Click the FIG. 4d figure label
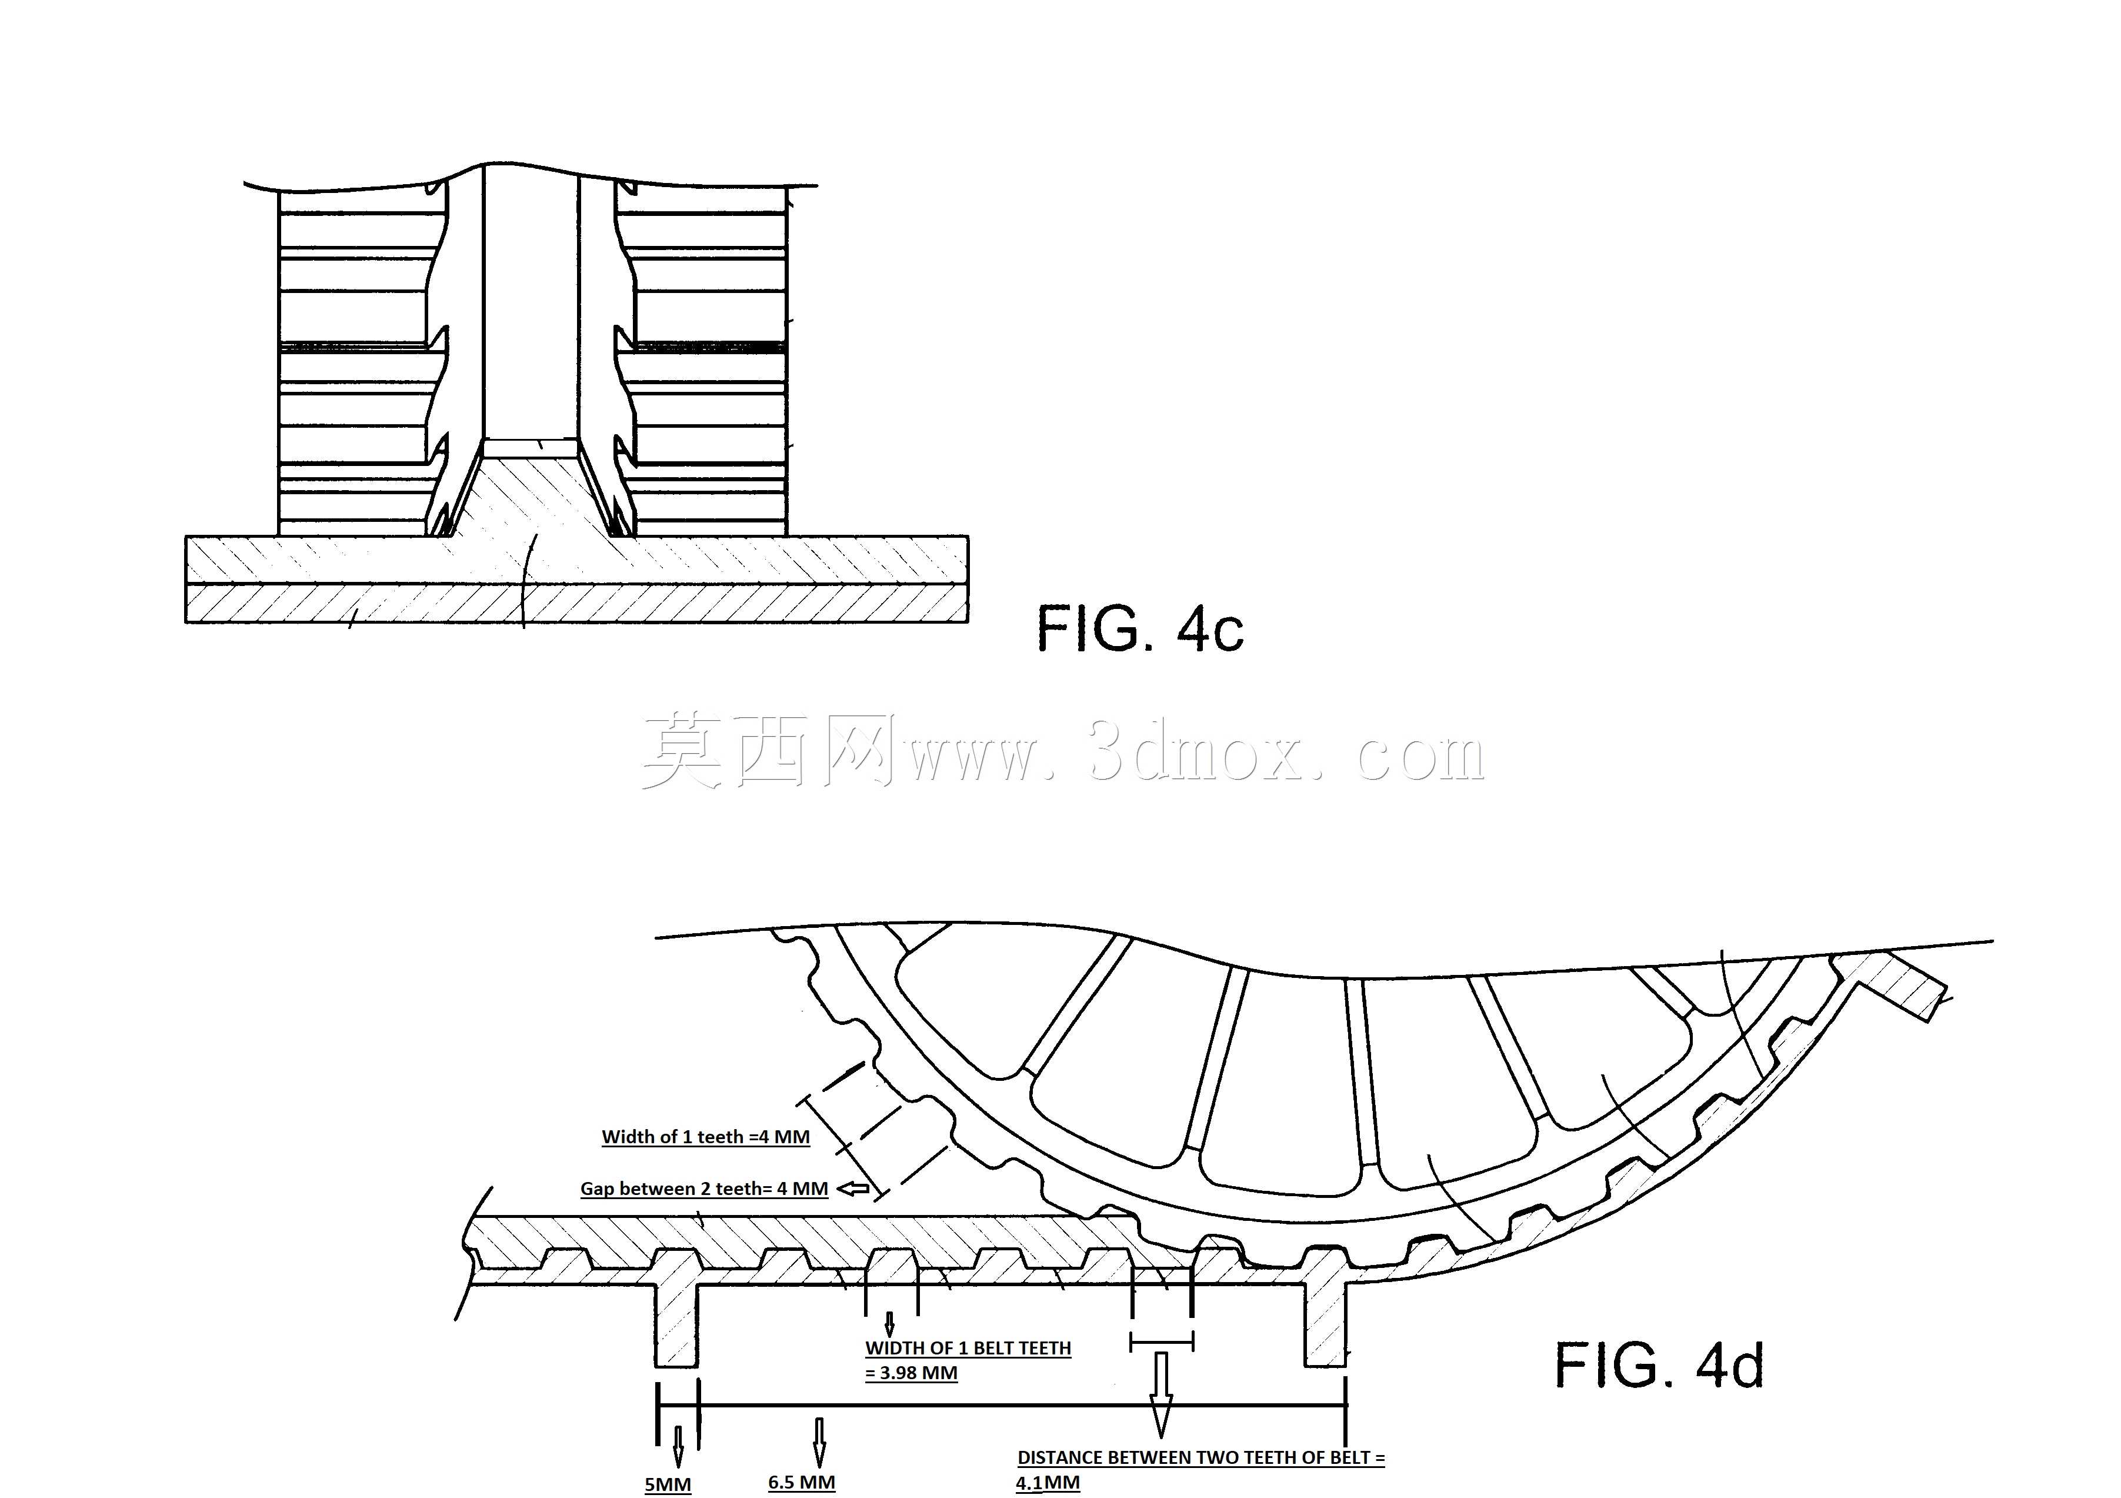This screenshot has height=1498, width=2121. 1659,1365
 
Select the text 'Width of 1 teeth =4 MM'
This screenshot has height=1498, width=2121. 706,1137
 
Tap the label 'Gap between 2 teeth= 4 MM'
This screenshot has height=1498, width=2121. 704,1189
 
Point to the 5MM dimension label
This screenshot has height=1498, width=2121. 668,1484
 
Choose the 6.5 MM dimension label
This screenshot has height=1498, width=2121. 802,1482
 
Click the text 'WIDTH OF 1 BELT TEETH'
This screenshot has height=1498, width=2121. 968,1349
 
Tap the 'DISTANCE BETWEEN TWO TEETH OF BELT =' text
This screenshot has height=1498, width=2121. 1201,1458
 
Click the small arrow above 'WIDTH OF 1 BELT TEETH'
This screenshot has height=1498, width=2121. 889,1324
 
